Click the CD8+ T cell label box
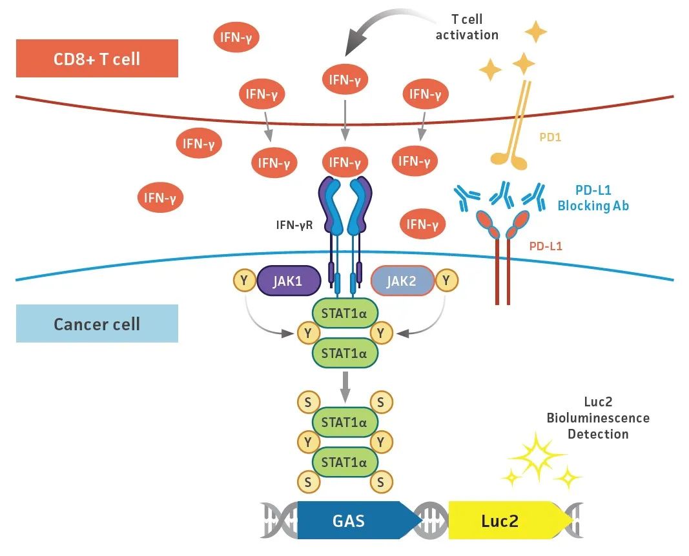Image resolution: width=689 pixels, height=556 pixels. pyautogui.click(x=97, y=59)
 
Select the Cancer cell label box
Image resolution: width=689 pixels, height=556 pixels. pyautogui.click(x=97, y=323)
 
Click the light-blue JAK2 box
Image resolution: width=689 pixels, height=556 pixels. pyautogui.click(x=403, y=281)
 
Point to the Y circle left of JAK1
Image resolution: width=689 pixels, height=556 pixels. pyautogui.click(x=243, y=281)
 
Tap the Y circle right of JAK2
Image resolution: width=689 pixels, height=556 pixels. pyautogui.click(x=447, y=281)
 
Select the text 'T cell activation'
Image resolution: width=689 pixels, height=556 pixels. pyautogui.click(x=467, y=28)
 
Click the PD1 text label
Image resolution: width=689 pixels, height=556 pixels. pyautogui.click(x=550, y=137)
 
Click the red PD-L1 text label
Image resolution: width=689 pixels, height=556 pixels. pyautogui.click(x=546, y=246)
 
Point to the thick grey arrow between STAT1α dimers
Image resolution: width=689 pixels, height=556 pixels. pyautogui.click(x=345, y=386)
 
